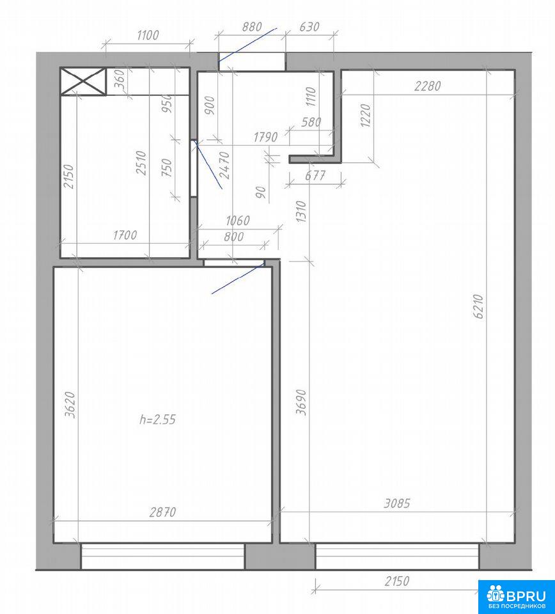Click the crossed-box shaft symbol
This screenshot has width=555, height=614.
83,81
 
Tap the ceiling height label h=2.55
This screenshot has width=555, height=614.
158,420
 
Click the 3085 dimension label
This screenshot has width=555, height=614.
397,503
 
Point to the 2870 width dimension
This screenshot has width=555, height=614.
163,512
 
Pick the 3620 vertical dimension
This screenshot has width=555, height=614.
70,404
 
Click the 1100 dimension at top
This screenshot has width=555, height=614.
148,35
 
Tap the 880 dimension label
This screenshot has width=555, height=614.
252,27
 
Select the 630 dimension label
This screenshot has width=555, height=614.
309,27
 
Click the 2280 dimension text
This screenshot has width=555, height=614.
428,86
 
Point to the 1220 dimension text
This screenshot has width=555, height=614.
365,116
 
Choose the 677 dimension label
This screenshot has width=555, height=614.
315,175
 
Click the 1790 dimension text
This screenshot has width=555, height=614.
266,137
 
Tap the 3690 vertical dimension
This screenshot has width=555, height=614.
301,402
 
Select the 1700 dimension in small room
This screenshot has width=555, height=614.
125,235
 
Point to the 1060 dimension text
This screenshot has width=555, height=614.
238,221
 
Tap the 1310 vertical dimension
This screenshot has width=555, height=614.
301,212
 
